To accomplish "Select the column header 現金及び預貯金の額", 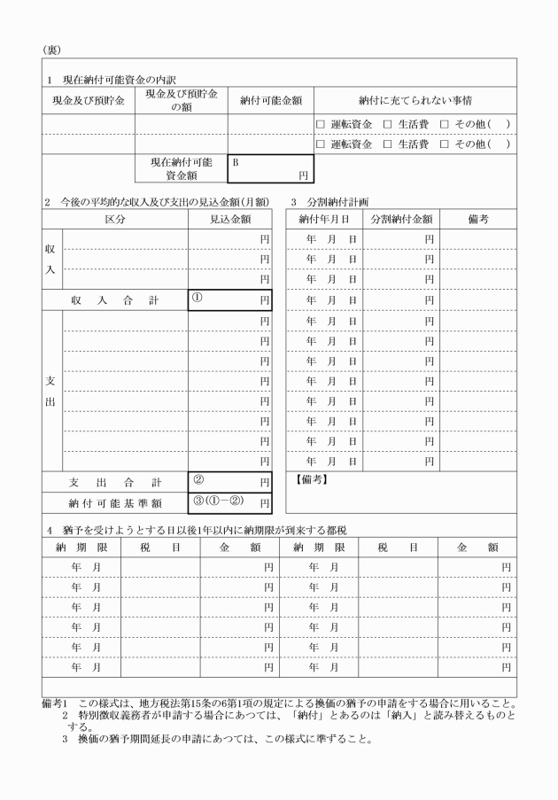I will (x=181, y=100).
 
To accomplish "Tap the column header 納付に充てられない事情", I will (x=414, y=100).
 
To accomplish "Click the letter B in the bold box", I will (x=236, y=162).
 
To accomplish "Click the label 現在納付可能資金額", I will (x=181, y=169).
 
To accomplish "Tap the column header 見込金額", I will (x=229, y=218).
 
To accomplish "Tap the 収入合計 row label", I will (x=114, y=300).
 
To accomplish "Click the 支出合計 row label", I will (x=114, y=482).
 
